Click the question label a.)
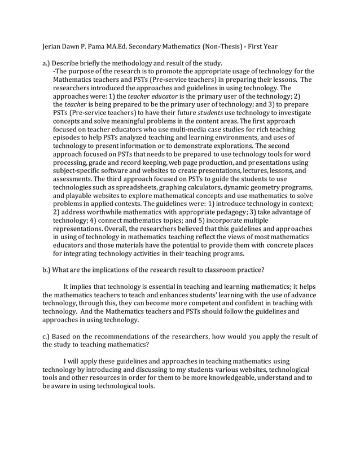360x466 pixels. coord(47,63)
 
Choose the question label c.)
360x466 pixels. coord(47,337)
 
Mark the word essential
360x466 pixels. coord(159,285)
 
